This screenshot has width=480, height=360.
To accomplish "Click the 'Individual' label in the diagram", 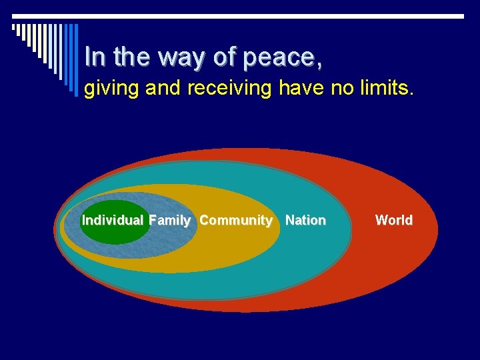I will pyautogui.click(x=112, y=220).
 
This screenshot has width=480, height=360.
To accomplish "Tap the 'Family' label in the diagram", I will pyautogui.click(x=170, y=220).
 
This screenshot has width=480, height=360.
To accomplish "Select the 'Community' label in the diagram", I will pyautogui.click(x=235, y=220).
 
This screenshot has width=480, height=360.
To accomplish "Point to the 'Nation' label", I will pyautogui.click(x=305, y=220).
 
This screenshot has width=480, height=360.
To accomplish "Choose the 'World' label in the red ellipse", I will pyautogui.click(x=393, y=220).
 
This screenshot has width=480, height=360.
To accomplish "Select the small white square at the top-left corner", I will pyautogui.click(x=14, y=27).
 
